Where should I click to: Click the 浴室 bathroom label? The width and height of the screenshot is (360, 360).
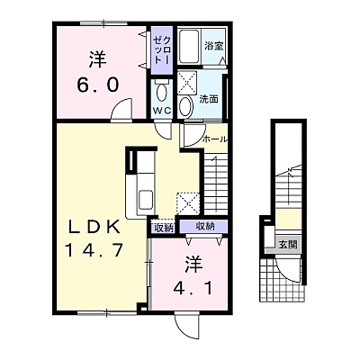tap(214, 47)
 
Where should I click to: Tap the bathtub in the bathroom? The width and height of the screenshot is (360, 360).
tap(189, 46)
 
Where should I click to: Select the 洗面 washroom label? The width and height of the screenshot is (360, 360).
tap(209, 99)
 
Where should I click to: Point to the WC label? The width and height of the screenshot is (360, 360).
tap(162, 111)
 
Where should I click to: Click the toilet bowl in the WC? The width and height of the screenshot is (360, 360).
tap(162, 92)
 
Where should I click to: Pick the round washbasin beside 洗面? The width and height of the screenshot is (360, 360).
tap(185, 106)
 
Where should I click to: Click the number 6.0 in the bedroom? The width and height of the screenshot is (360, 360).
tap(98, 85)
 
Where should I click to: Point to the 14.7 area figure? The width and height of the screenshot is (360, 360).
tap(94, 250)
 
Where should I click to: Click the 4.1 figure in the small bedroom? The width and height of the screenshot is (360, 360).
tap(193, 289)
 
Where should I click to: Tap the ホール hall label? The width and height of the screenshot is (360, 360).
tap(214, 139)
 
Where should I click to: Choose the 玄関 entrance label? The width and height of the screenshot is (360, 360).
tap(288, 245)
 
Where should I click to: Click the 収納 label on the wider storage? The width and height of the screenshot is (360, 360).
tap(205, 226)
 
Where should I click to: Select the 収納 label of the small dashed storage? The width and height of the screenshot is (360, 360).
tap(164, 229)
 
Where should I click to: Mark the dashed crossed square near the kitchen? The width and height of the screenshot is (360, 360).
tap(188, 203)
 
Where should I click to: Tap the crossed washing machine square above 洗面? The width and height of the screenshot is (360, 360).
tap(187, 82)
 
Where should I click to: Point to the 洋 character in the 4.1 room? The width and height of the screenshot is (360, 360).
tap(193, 265)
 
